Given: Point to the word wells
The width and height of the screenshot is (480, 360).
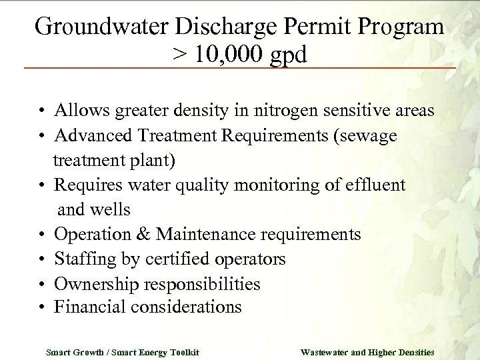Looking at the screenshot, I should coord(110,210).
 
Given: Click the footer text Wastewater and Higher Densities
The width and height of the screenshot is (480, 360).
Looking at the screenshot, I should coord(367,351).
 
